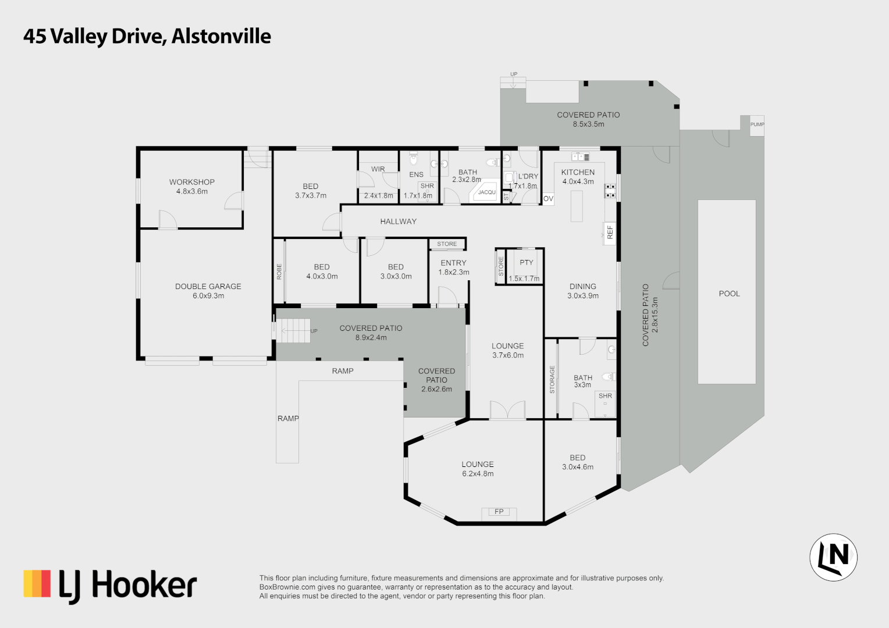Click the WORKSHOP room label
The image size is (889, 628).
coord(191,182)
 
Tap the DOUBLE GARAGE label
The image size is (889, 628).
coord(208,287)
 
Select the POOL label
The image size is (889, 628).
coord(729,294)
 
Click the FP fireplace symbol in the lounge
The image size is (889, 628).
coord(499,512)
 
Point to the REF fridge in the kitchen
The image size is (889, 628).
coord(610,233)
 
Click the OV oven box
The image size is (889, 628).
coord(548,199)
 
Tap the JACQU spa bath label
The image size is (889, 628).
coord(486,192)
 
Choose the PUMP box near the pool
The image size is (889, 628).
coord(757,124)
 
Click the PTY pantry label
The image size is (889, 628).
coord(526,263)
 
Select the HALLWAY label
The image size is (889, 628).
coord(398,222)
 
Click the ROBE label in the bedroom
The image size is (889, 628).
coord(279,272)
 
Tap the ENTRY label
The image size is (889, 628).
coord(453,263)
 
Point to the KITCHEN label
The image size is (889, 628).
coord(578,172)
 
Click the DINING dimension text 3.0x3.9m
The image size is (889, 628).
coord(582,296)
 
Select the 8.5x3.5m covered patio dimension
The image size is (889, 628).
coord(588,124)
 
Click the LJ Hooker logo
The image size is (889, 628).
coord(111,585)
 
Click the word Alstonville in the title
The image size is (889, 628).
coord(221,36)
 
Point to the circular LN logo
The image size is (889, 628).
coord(833,557)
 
